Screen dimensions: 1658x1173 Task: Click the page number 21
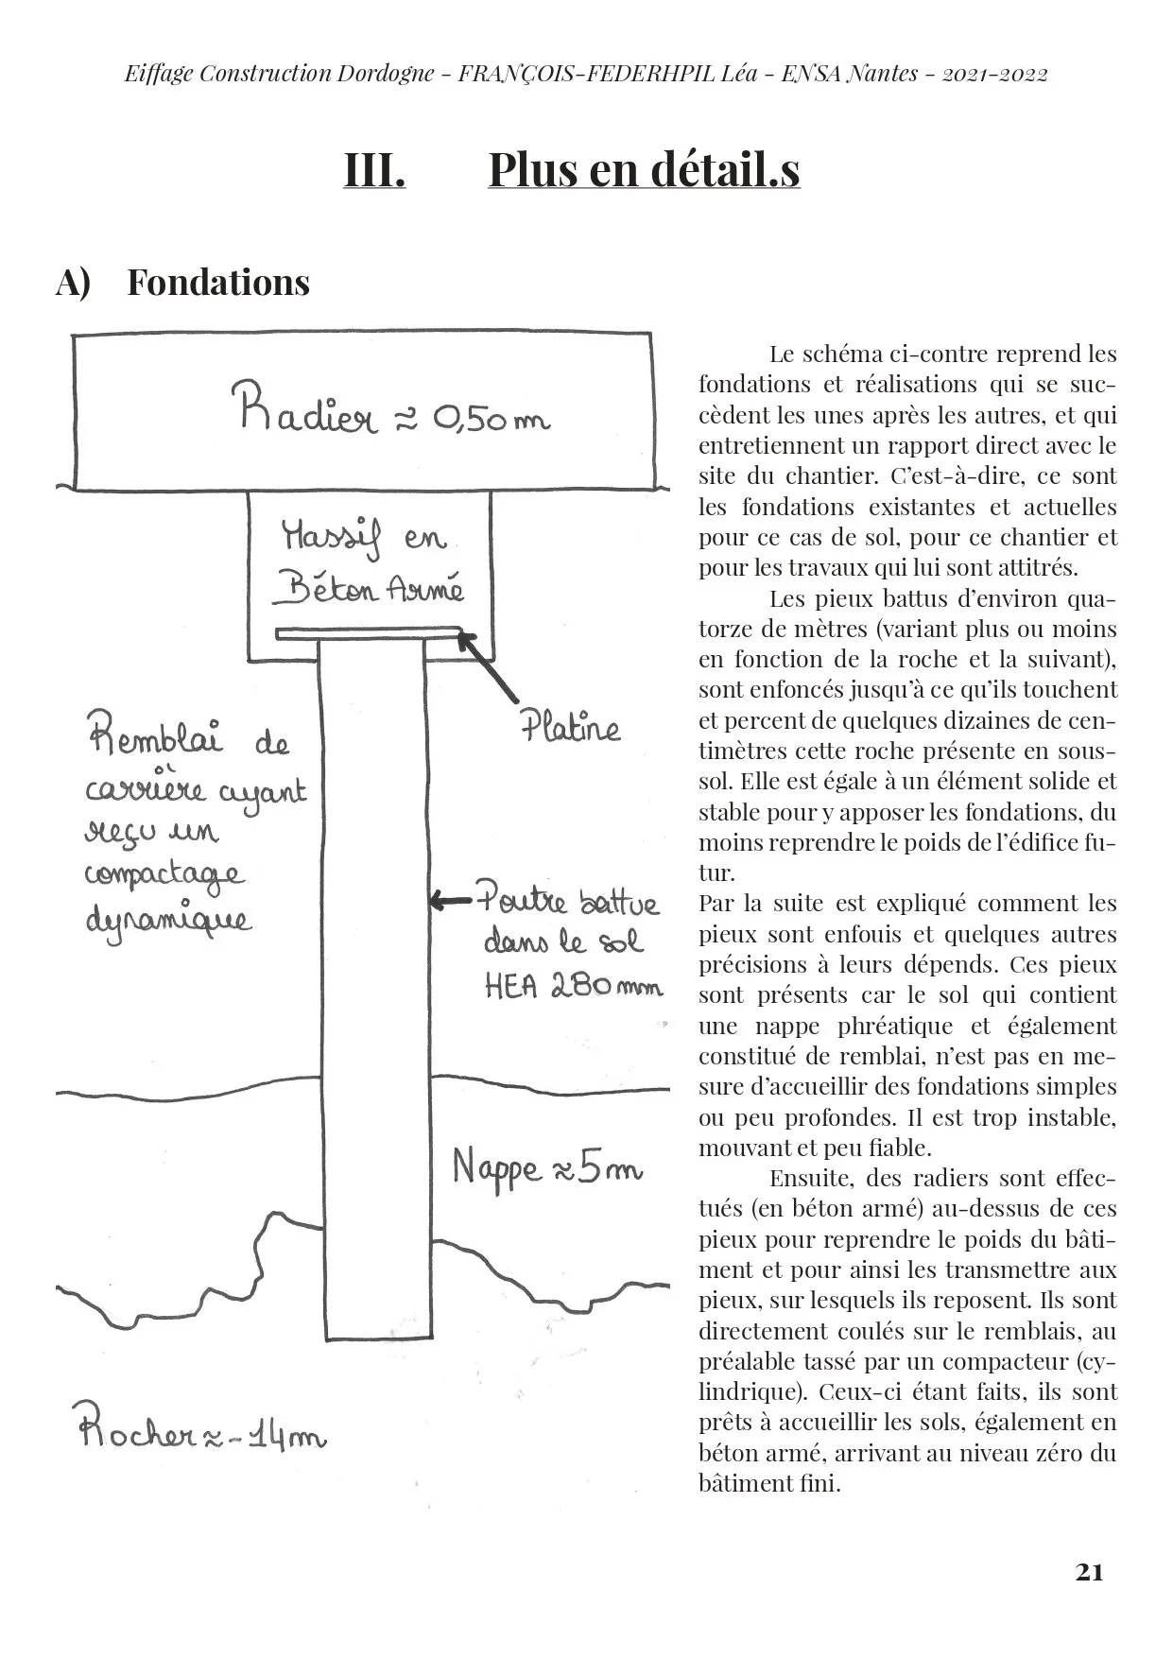click(1089, 1573)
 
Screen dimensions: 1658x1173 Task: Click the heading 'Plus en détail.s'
click(644, 170)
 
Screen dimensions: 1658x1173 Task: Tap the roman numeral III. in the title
click(374, 170)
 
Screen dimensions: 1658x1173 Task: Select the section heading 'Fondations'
click(218, 283)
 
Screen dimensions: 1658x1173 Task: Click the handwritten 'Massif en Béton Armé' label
click(370, 565)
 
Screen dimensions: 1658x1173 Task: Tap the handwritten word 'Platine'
click(570, 728)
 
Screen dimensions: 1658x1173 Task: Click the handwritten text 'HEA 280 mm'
click(574, 986)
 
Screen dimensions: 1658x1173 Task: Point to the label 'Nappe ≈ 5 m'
click(547, 1169)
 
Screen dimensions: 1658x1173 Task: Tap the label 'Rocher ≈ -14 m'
click(201, 1437)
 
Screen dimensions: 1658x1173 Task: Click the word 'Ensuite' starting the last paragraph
click(803, 1179)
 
